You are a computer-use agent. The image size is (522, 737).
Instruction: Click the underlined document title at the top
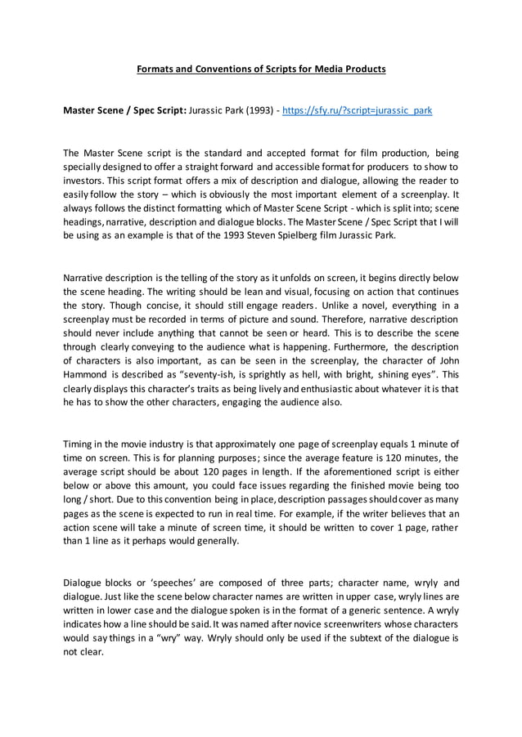pos(260,69)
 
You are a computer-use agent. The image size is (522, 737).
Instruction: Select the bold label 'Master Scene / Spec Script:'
pos(124,109)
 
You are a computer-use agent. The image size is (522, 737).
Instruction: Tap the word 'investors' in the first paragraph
pos(85,179)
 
